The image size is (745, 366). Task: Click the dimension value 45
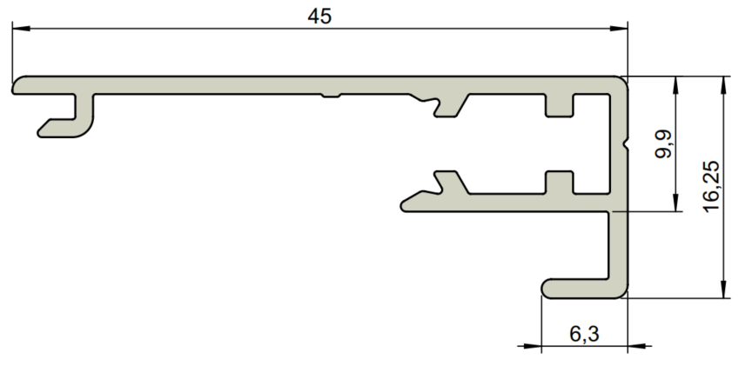[x=319, y=17]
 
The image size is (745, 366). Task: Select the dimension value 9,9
[x=663, y=143]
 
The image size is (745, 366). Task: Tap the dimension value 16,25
[x=711, y=187]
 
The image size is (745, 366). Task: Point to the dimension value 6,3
[x=584, y=334]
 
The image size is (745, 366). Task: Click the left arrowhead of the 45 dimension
[x=21, y=29]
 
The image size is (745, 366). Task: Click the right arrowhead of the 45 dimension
[x=619, y=29]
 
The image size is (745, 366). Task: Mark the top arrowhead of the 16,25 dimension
[x=723, y=85]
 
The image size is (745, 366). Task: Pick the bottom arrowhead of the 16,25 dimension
[x=723, y=289]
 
